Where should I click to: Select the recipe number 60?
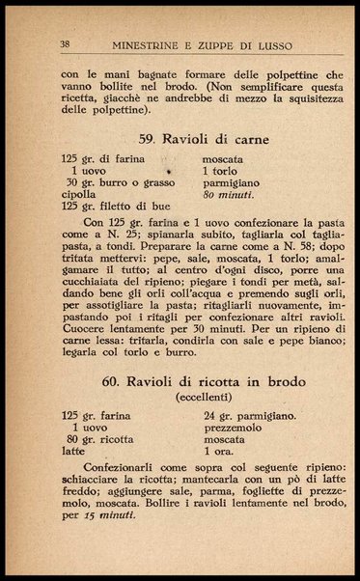coord(113,384)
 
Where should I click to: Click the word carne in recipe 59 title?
coord(246,139)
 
